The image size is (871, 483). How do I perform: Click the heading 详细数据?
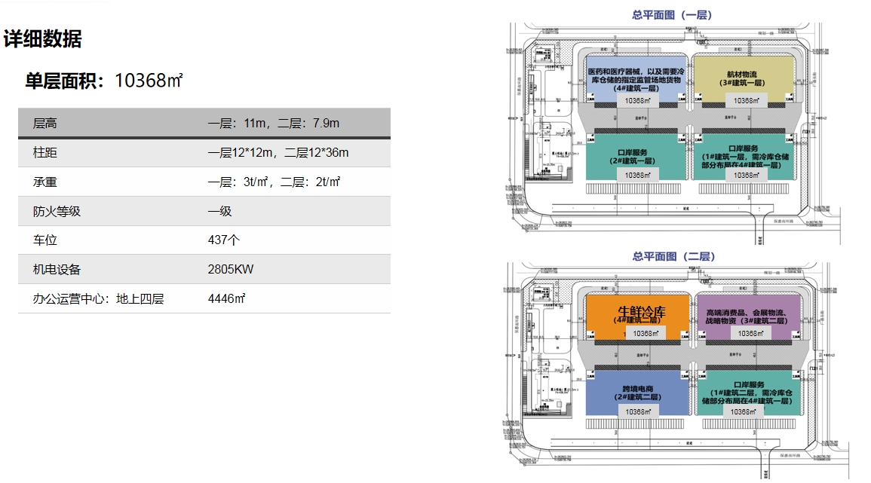(43, 39)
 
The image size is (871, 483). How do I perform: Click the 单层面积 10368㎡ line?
(104, 81)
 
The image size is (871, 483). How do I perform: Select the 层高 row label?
(45, 124)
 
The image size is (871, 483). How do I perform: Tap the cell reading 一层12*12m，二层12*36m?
(278, 153)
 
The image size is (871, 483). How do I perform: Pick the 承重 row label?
(45, 182)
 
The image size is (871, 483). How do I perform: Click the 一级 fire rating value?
(219, 212)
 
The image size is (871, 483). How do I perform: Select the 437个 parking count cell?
(223, 241)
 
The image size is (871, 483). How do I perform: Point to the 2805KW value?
(231, 270)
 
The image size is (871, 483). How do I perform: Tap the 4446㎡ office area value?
(227, 299)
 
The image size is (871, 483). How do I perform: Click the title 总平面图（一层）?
(672, 14)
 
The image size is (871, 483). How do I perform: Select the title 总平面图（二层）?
(673, 257)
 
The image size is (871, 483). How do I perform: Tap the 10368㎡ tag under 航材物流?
(744, 100)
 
